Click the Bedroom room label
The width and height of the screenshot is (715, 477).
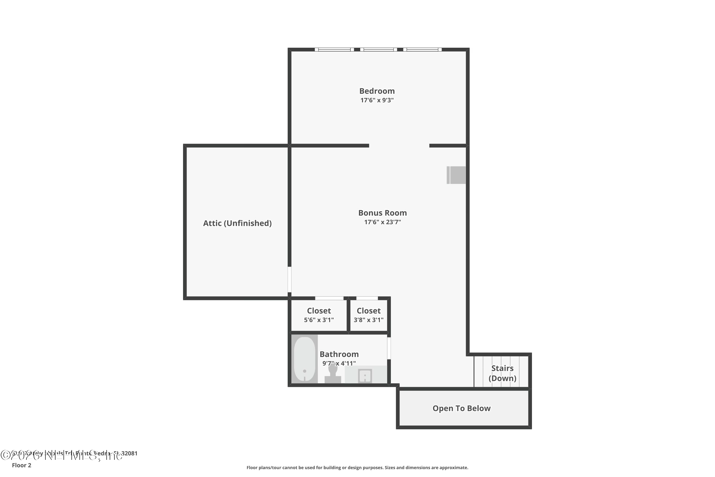pyautogui.click(x=377, y=91)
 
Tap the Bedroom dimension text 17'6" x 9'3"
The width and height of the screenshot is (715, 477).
pyautogui.click(x=377, y=100)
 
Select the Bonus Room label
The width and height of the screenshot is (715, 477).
pyautogui.click(x=383, y=213)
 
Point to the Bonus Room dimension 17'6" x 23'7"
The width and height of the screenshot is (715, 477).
pyautogui.click(x=383, y=222)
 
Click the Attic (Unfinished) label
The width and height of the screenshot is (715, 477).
pyautogui.click(x=237, y=223)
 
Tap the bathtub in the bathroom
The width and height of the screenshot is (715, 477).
pyautogui.click(x=305, y=359)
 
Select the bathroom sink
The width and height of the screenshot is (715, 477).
pyautogui.click(x=365, y=375)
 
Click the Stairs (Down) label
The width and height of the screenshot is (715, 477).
pyautogui.click(x=502, y=373)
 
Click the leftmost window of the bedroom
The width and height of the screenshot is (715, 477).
pyautogui.click(x=334, y=50)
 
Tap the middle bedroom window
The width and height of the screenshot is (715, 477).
pyautogui.click(x=378, y=50)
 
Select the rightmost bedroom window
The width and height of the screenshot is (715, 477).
pyautogui.click(x=422, y=50)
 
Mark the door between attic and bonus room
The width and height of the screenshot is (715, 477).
pyautogui.click(x=289, y=280)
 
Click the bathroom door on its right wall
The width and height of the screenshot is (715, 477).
pyautogui.click(x=389, y=348)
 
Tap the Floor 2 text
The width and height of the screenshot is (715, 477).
pyautogui.click(x=22, y=465)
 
